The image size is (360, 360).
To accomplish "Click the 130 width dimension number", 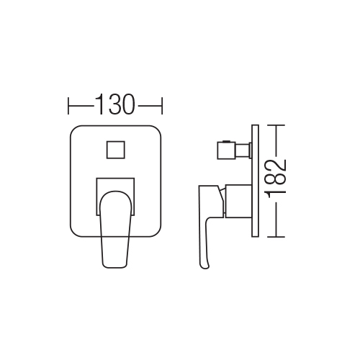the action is pyautogui.click(x=115, y=104).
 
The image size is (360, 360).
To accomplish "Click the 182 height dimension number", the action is pyautogui.click(x=276, y=178).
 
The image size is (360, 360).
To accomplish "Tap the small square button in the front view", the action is pyautogui.click(x=116, y=150).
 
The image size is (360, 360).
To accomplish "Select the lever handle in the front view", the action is pyautogui.click(x=115, y=229).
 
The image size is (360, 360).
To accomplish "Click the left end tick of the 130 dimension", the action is pyautogui.click(x=68, y=106).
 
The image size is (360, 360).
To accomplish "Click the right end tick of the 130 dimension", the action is pyautogui.click(x=162, y=106).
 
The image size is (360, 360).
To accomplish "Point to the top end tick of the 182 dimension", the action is pyautogui.click(x=276, y=125).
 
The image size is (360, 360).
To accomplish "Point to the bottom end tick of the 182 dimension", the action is pyautogui.click(x=276, y=237).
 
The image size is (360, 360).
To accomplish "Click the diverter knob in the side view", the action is pyautogui.click(x=226, y=150).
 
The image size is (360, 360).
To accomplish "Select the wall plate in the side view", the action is pyautogui.click(x=255, y=181).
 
